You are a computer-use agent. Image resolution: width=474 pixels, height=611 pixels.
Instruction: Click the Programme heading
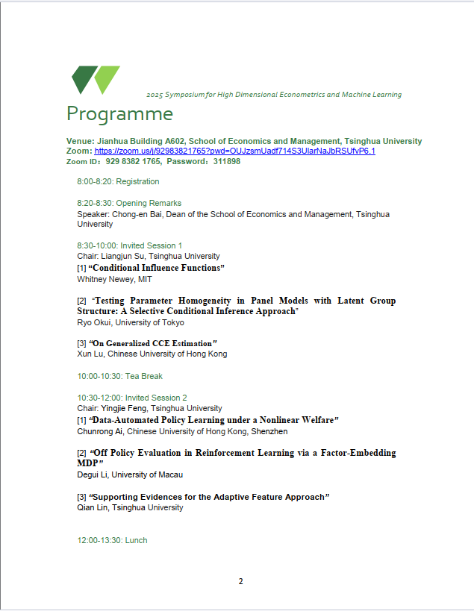tap(119, 114)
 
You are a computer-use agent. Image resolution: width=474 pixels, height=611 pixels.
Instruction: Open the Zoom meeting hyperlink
tap(234, 151)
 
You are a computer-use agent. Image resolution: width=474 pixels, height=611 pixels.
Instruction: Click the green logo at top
tap(96, 80)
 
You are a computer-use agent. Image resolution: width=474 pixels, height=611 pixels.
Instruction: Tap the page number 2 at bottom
tap(240, 581)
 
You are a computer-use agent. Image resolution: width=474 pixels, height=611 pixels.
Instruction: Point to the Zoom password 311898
tap(227, 161)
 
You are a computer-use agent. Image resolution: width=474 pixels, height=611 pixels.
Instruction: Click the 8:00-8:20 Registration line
tap(118, 181)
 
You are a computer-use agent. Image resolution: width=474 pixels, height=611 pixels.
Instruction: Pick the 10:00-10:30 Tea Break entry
tap(119, 376)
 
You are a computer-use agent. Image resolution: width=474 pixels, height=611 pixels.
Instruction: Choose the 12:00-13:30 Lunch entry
tap(112, 540)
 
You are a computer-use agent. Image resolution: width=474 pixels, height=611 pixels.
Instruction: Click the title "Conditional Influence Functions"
tap(157, 268)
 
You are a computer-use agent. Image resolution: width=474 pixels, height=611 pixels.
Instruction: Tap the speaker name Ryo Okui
tap(93, 322)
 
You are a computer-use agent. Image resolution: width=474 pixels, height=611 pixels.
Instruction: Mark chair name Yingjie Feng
tap(125, 408)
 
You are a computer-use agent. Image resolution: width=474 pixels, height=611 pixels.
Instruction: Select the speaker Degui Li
tap(93, 474)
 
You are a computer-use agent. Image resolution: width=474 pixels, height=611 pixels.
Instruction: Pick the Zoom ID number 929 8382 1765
tap(133, 161)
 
